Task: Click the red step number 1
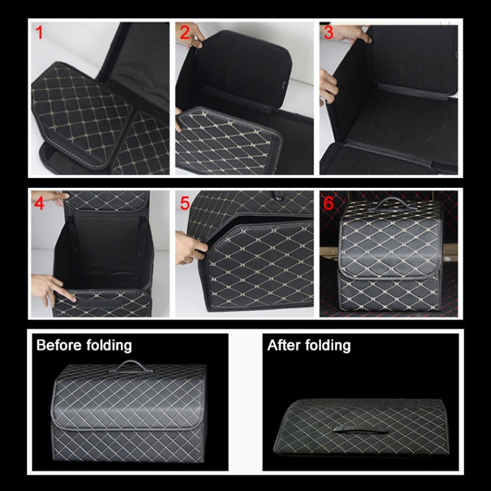[x=39, y=32]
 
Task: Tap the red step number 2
[x=184, y=32]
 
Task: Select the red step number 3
[x=329, y=32]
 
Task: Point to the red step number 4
[x=39, y=204]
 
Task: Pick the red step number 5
[x=184, y=204]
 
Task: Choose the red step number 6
[x=329, y=204]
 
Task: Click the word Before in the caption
[x=60, y=345]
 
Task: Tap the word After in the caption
[x=285, y=345]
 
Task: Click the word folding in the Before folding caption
[x=109, y=345]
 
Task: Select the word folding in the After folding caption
[x=327, y=345]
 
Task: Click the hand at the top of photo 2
[x=191, y=38]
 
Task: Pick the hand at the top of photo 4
[x=60, y=197]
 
